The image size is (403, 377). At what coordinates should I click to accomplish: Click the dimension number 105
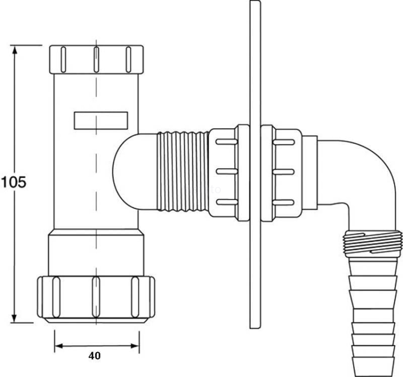[x=13, y=182]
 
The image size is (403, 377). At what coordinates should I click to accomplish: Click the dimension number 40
[x=96, y=355]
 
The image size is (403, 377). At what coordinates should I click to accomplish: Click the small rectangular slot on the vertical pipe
[x=100, y=120]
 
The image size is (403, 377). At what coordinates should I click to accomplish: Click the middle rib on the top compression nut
[x=96, y=59]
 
